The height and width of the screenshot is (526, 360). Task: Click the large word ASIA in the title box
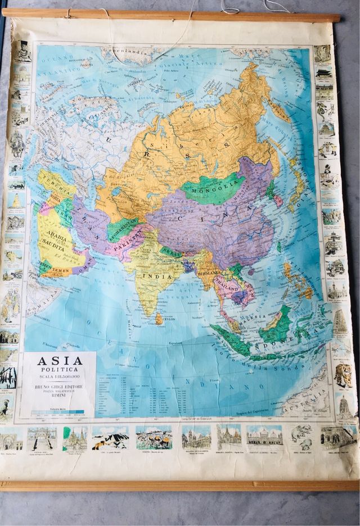pyautogui.click(x=60, y=361)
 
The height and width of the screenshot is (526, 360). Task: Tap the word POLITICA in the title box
pyautogui.click(x=60, y=370)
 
